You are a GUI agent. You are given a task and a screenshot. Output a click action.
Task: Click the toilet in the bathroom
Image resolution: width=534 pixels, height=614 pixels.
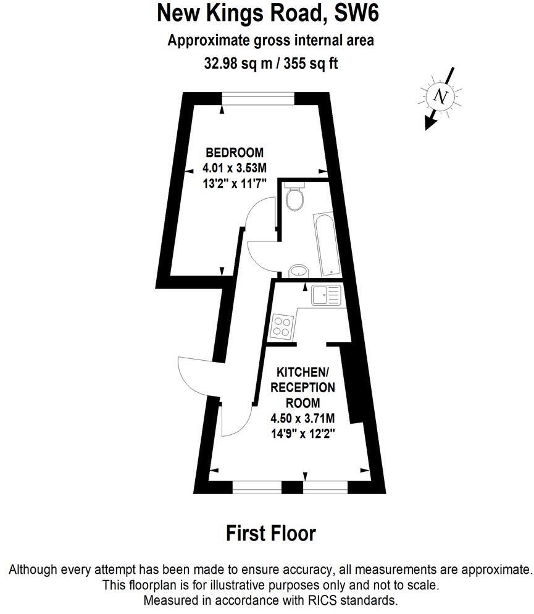294,196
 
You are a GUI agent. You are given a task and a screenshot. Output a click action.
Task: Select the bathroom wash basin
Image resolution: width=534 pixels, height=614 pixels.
299,271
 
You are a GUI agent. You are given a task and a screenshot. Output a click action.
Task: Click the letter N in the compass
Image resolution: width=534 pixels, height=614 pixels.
441,96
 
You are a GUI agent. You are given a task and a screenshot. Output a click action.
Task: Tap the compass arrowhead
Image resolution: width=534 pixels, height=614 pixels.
430,124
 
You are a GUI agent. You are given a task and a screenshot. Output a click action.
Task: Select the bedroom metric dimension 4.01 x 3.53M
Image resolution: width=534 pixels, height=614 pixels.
235,168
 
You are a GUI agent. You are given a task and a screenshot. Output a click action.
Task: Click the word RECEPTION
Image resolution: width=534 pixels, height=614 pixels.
302,387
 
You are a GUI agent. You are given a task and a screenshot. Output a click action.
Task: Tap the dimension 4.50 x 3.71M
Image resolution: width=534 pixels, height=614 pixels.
302,419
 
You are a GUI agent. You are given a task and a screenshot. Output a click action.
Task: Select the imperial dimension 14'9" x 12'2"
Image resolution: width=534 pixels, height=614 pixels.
302,434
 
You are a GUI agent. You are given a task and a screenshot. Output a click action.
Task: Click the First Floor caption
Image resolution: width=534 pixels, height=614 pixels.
271,533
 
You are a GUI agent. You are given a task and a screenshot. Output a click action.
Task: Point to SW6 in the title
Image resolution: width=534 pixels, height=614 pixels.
357,13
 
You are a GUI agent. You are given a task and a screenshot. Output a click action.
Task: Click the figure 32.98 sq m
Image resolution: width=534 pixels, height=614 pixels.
238,63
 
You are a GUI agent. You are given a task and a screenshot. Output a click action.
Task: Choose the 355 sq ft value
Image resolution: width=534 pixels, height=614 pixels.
311,63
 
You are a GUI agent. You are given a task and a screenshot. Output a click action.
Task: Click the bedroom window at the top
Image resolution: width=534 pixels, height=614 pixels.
258,99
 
